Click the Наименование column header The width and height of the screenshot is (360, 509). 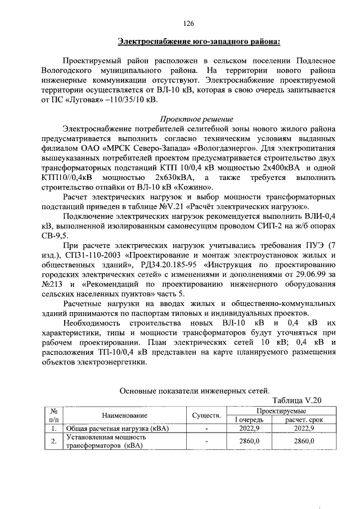click(124, 416)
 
